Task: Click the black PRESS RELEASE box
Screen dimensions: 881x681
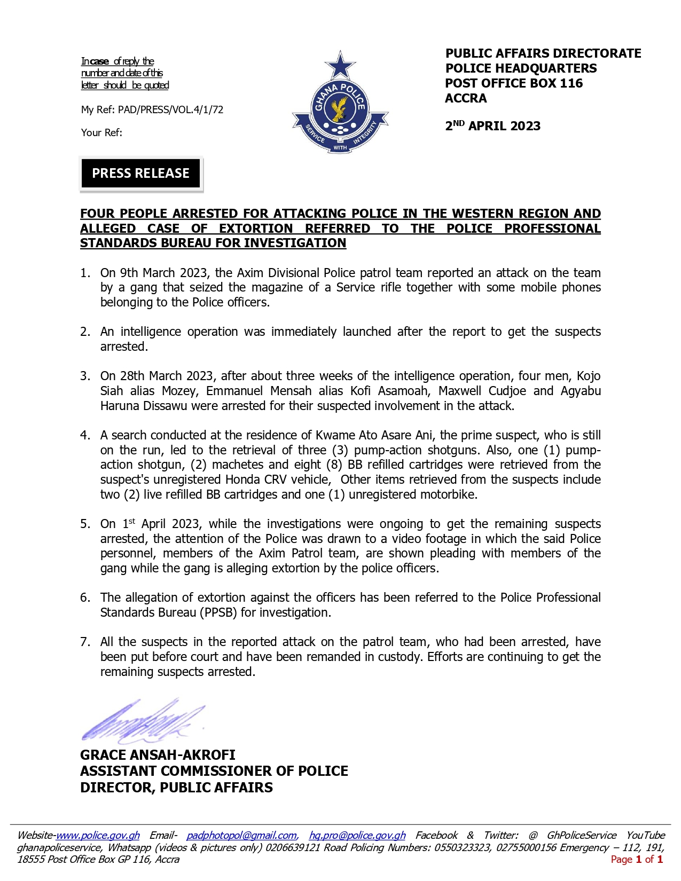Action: point(140,174)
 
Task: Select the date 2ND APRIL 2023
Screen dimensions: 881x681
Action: point(492,126)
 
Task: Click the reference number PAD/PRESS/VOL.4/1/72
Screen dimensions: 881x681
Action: point(170,110)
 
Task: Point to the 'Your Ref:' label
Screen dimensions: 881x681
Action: point(101,132)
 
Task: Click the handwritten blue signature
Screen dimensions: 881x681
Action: point(142,720)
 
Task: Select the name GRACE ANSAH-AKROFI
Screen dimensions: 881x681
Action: point(158,755)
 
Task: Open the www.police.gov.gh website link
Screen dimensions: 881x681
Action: point(98,835)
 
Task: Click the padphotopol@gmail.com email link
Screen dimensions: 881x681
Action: point(241,835)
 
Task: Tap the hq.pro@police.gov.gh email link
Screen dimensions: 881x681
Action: point(357,835)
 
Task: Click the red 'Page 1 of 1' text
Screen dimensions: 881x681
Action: point(637,859)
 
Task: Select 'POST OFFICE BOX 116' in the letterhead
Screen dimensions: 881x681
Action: point(514,83)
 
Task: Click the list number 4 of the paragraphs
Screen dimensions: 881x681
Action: point(85,435)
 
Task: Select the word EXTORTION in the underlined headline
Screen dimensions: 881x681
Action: point(256,229)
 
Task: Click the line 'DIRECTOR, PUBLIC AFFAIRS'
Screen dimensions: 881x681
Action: point(176,788)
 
